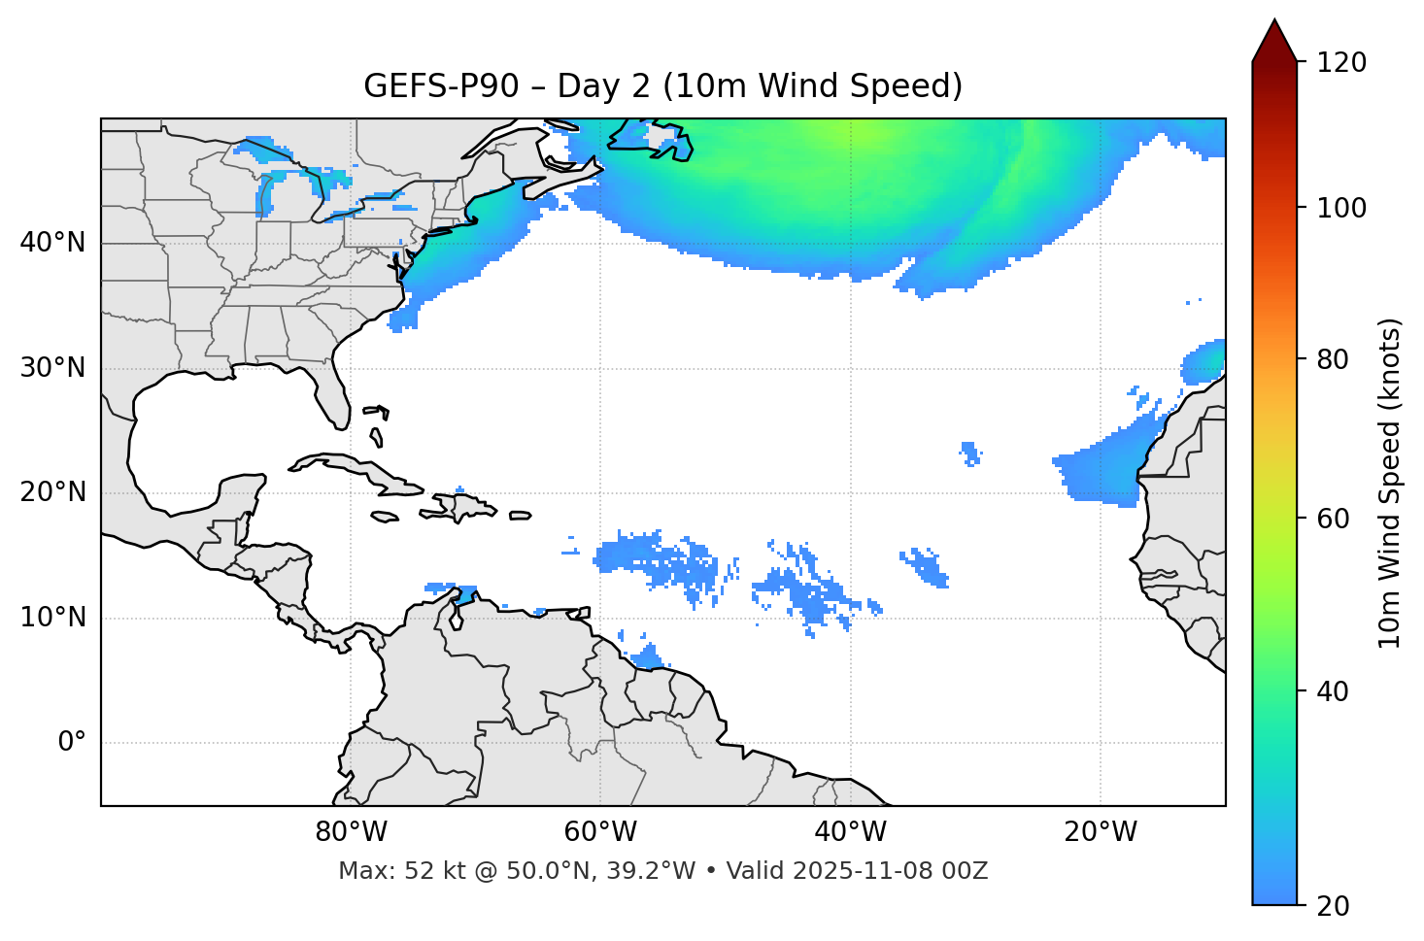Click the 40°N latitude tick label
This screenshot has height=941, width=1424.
(52, 243)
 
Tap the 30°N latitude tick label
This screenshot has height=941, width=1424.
(52, 368)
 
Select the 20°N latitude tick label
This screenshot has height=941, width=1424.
(52, 492)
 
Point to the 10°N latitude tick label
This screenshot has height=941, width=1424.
(52, 618)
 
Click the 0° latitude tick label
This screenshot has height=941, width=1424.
(72, 743)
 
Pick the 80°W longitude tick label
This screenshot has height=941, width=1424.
(351, 832)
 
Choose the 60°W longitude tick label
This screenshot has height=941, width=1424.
(600, 832)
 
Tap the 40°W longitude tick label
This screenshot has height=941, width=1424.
(850, 832)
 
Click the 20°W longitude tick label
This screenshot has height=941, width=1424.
(1100, 832)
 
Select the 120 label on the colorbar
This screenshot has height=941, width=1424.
(1341, 63)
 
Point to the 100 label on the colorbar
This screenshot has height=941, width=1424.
(1341, 208)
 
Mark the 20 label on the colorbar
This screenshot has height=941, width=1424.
(1333, 906)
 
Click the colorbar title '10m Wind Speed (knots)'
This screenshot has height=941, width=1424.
(1390, 483)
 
